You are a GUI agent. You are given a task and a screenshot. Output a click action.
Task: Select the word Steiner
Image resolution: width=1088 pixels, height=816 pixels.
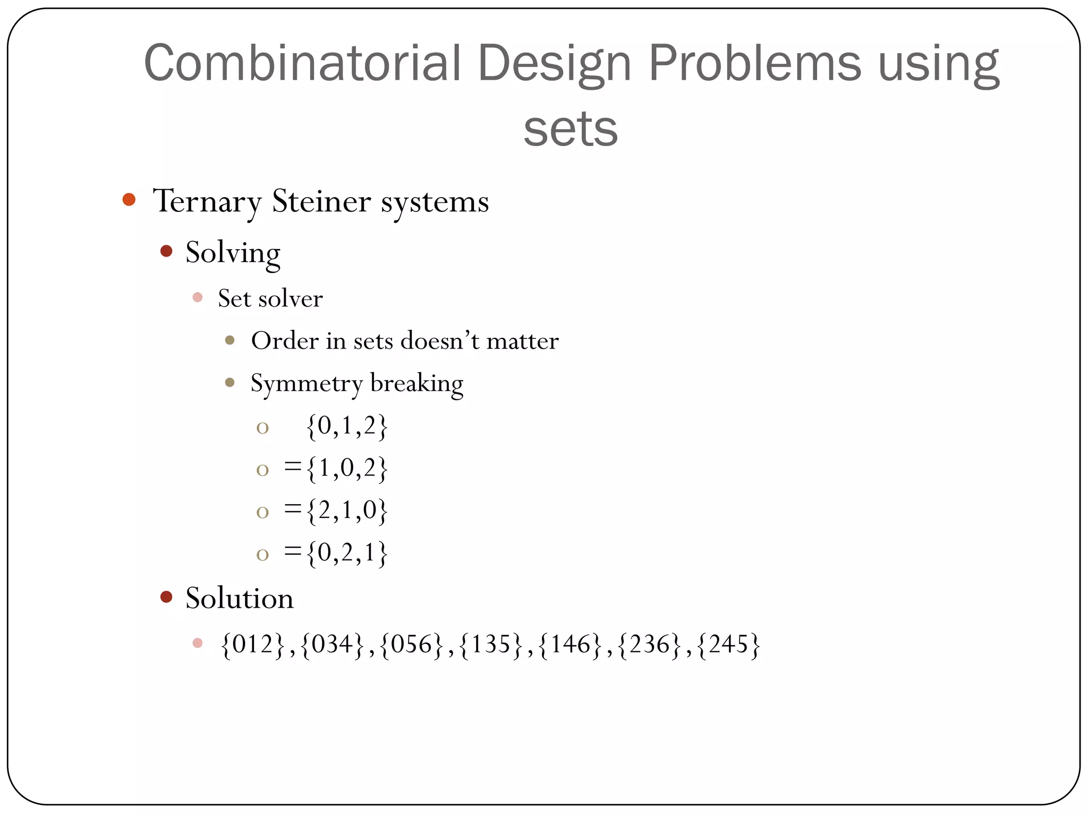(x=321, y=201)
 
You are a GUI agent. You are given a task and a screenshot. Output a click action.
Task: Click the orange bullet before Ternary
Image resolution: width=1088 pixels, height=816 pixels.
(x=129, y=200)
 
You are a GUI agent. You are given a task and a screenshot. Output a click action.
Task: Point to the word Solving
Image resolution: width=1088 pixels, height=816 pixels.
(x=233, y=253)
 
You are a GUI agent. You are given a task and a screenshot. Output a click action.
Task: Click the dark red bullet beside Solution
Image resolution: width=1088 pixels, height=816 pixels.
(x=166, y=597)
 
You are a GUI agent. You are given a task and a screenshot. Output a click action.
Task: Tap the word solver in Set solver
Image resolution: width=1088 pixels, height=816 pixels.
(x=290, y=299)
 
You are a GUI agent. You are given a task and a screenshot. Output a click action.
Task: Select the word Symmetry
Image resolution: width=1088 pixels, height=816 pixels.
(x=307, y=384)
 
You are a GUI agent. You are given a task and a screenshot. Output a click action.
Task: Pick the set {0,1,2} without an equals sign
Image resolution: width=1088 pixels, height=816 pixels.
(x=347, y=426)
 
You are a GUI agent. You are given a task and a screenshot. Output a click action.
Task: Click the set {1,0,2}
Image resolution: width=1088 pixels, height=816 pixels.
(x=347, y=469)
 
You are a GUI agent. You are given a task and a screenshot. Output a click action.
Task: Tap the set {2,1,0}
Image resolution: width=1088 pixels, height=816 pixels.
(x=347, y=511)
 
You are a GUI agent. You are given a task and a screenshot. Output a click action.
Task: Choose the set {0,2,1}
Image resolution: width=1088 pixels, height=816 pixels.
(x=347, y=554)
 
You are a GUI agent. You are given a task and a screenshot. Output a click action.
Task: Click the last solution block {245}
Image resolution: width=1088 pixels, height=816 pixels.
(x=728, y=644)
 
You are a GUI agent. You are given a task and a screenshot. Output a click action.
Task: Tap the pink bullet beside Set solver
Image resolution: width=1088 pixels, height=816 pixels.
(x=198, y=297)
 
